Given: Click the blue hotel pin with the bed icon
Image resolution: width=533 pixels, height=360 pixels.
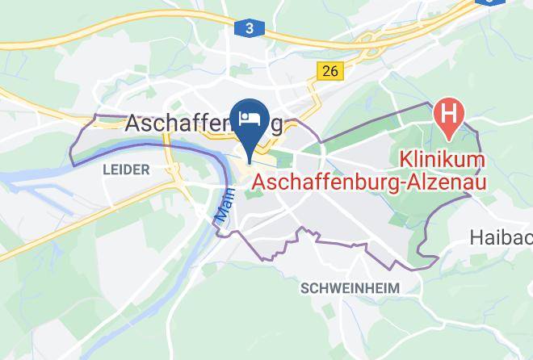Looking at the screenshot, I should (x=250, y=119).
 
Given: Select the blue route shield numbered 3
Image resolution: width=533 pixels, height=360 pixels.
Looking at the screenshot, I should (x=250, y=28).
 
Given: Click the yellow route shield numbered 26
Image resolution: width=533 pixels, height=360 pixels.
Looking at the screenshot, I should (x=329, y=71).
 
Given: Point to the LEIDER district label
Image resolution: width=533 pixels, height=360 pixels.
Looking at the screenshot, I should (x=126, y=170).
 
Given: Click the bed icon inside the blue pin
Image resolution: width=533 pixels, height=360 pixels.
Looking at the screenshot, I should (x=250, y=118).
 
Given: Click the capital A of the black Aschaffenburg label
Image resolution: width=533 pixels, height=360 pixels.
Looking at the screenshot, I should (x=133, y=123).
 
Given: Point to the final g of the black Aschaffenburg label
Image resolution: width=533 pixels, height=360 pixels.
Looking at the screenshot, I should (x=276, y=126).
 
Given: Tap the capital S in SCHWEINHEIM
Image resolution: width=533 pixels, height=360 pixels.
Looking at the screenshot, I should (x=304, y=288).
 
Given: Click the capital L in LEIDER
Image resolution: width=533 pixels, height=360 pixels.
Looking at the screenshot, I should (x=106, y=170).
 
